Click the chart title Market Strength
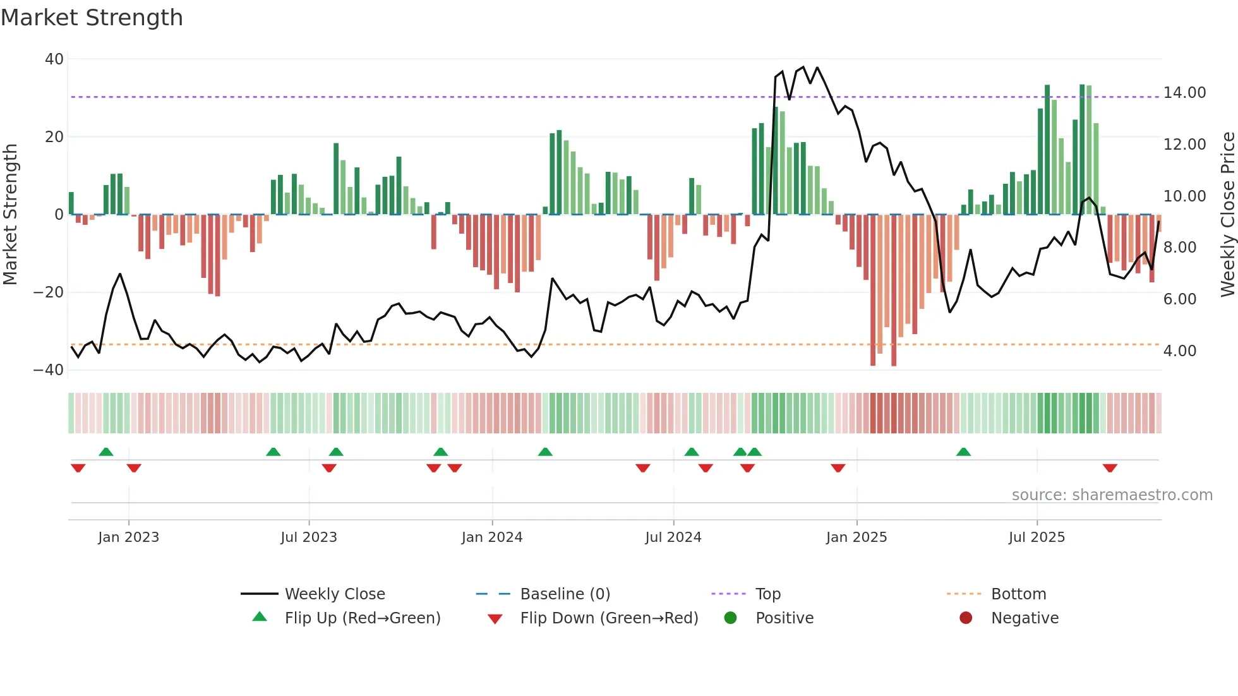click(92, 18)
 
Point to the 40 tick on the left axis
click(54, 59)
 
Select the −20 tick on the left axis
click(49, 292)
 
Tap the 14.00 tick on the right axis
click(1184, 93)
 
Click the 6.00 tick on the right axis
click(1179, 299)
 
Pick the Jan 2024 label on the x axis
click(492, 537)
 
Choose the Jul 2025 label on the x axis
click(1037, 537)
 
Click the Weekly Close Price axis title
click(1227, 214)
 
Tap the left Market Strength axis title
click(11, 214)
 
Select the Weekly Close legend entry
click(334, 594)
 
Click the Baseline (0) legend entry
click(565, 594)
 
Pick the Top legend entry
click(767, 594)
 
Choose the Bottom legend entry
click(1018, 594)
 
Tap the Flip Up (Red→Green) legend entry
click(362, 618)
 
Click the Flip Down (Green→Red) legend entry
click(609, 618)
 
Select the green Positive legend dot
click(730, 618)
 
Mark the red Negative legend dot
click(965, 618)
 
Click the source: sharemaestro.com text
click(1112, 495)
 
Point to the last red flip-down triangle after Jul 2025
click(1110, 468)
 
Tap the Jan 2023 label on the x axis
click(129, 537)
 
